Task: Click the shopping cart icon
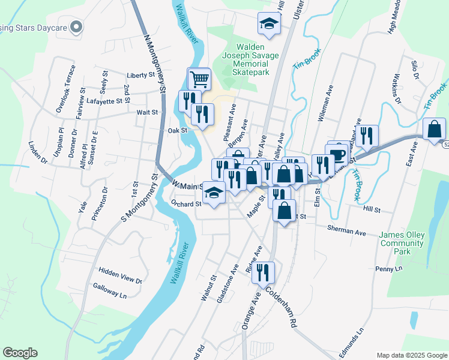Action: [199, 79]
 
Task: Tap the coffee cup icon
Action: [338, 154]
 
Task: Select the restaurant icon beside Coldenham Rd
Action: [263, 273]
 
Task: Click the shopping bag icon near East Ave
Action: [434, 129]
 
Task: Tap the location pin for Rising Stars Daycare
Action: [76, 27]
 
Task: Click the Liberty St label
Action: [141, 76]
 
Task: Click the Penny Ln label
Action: [390, 269]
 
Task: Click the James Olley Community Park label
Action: [402, 242]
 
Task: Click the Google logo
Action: [20, 353]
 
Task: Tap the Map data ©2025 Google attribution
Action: [411, 355]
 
